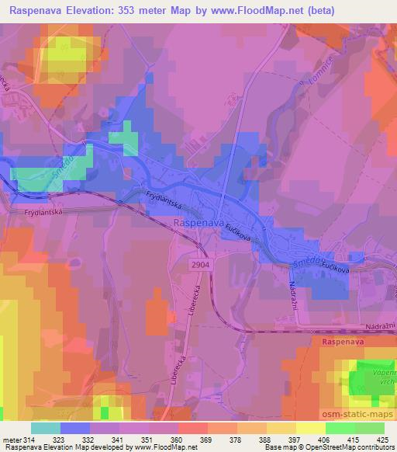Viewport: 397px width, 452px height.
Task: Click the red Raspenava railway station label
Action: click(339, 341)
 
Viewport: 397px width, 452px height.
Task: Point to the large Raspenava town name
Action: click(197, 224)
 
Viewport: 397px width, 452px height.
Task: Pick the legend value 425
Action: click(382, 440)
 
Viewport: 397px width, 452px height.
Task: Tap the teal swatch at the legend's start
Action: click(46, 428)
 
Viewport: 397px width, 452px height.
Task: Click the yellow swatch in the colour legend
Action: click(311, 428)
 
